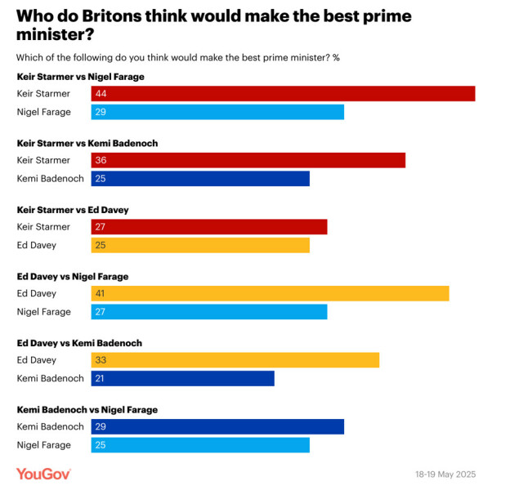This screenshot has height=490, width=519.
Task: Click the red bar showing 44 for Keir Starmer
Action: tap(283, 94)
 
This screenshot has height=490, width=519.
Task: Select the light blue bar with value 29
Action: tap(217, 112)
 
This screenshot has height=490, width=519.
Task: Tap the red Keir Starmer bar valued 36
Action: tap(248, 160)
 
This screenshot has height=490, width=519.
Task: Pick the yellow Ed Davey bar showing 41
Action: tap(270, 294)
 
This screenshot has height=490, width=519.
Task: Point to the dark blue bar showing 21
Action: tap(182, 378)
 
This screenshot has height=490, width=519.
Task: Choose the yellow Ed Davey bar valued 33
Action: tap(235, 360)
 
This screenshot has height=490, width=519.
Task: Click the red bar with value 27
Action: tap(209, 227)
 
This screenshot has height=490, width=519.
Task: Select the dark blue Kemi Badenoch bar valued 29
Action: tap(217, 427)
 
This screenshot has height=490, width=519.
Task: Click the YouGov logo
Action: tap(43, 474)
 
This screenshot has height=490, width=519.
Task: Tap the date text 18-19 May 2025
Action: tap(444, 474)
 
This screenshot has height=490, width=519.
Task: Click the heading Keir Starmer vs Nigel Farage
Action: tap(81, 77)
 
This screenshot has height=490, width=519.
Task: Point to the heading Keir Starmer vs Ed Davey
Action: tap(73, 210)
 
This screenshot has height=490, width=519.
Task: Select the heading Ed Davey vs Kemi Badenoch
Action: tap(79, 343)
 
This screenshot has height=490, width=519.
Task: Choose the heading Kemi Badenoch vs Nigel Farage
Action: tap(87, 410)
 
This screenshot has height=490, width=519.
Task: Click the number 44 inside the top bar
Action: tap(101, 94)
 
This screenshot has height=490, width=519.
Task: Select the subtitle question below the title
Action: tap(177, 57)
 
